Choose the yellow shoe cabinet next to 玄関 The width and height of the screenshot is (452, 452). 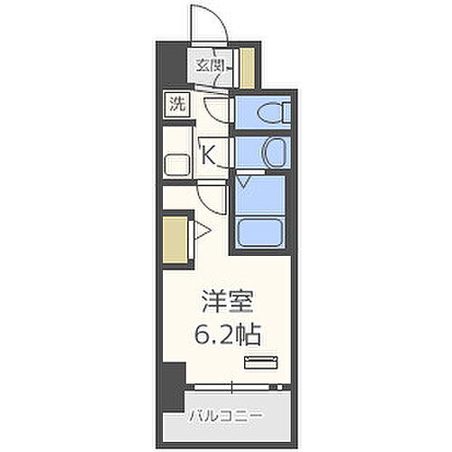tap(247, 68)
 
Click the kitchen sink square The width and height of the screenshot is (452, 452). tap(177, 165)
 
